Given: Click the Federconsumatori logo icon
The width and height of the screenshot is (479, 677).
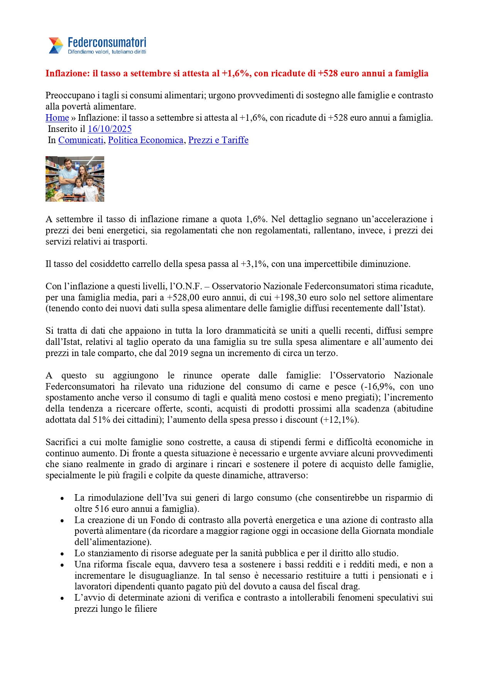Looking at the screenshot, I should pyautogui.click(x=56, y=46).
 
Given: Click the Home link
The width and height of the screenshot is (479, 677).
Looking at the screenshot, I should pyautogui.click(x=57, y=118).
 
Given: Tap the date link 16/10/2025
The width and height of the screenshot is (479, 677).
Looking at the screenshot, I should pyautogui.click(x=110, y=129).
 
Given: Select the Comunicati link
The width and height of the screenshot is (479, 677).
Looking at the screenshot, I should pyautogui.click(x=81, y=140).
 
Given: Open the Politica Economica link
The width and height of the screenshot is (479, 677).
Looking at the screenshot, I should pyautogui.click(x=146, y=140).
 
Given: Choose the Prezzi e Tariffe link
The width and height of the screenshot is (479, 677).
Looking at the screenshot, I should pyautogui.click(x=218, y=140).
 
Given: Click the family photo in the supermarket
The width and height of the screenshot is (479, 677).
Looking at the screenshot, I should pyautogui.click(x=75, y=179).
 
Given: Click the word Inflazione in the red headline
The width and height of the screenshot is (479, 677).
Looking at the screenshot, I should pyautogui.click(x=67, y=74).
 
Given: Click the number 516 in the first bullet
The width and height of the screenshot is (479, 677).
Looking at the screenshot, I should pyautogui.click(x=102, y=509).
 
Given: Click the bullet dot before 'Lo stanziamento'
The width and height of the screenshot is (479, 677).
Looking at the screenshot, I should pyautogui.click(x=62, y=554).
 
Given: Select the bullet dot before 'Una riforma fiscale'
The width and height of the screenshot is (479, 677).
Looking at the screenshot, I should pyautogui.click(x=62, y=565).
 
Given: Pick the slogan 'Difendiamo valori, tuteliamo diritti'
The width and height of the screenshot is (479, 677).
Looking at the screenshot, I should pyautogui.click(x=107, y=52).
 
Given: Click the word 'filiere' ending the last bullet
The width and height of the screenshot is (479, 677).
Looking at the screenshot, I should pyautogui.click(x=146, y=609).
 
